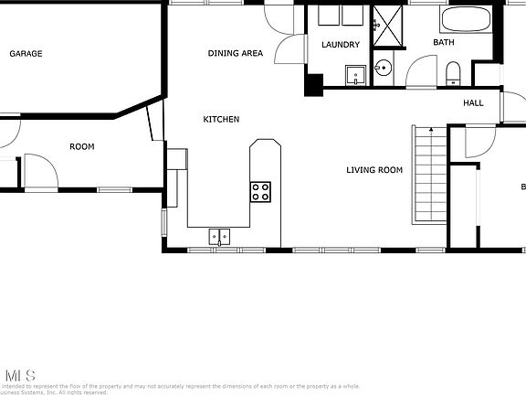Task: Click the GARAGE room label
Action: pos(26,54)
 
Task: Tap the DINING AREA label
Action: pos(235,54)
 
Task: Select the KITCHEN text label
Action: pos(221,120)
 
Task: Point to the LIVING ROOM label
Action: pos(374,169)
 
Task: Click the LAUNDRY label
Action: pos(341,45)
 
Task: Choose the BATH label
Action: pos(444,43)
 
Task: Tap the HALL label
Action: pos(473,103)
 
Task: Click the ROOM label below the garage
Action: pos(82,146)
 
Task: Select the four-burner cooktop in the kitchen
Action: pos(260,191)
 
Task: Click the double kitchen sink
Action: pos(220,236)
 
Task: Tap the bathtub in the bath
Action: pos(466,19)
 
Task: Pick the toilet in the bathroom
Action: pos(453,72)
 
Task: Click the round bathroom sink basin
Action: pos(383,68)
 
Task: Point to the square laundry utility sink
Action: pos(354,74)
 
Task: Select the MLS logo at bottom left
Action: pos(20,375)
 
